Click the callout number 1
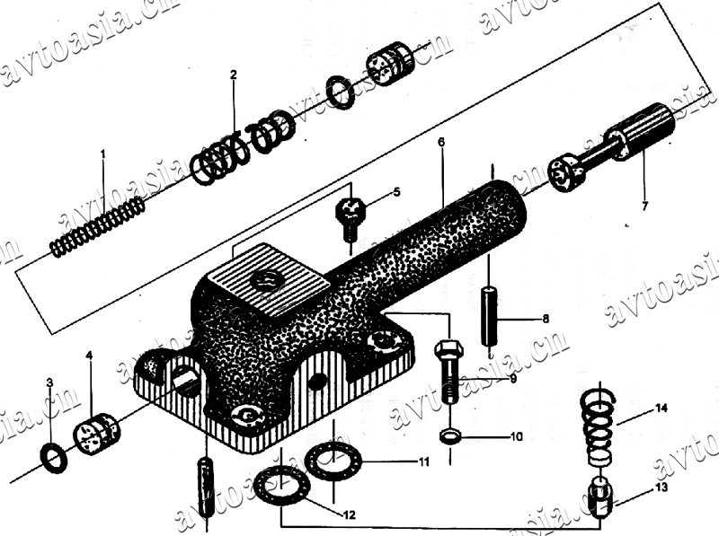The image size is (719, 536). coord(103,155)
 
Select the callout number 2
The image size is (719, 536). coord(233,75)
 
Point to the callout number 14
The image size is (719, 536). coord(661,409)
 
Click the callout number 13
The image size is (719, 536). coord(661,488)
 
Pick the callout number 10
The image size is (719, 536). coord(516,438)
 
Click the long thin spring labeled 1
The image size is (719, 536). coord(97,227)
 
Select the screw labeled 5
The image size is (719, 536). coord(351,216)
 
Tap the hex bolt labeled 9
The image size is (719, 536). coord(449,367)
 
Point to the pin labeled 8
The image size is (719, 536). coord(489,316)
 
